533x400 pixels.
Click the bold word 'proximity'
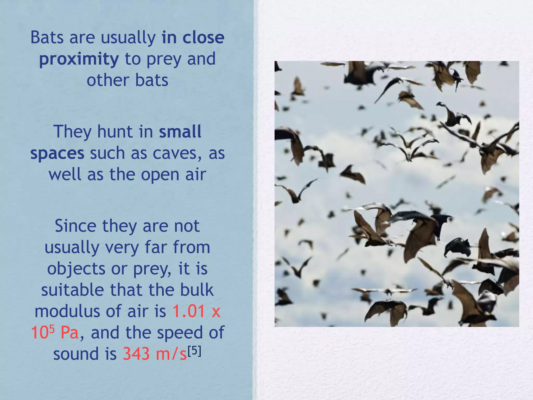pyautogui.click(x=79, y=59)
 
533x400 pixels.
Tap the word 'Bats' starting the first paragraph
pyautogui.click(x=47, y=37)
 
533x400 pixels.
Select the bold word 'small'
pyautogui.click(x=180, y=132)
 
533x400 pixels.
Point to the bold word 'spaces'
pyautogui.click(x=57, y=153)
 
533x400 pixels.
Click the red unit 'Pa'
pyautogui.click(x=69, y=333)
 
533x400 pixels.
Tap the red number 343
pyautogui.click(x=136, y=354)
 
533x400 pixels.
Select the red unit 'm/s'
pyautogui.click(x=171, y=354)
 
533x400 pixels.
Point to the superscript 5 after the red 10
pyautogui.click(x=52, y=329)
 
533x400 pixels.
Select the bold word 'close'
pyautogui.click(x=203, y=37)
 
